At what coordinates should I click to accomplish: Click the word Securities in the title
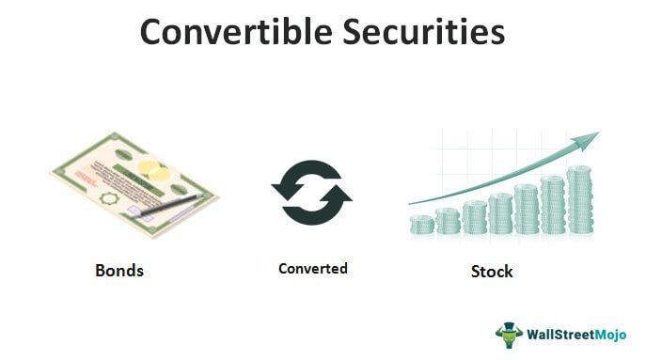pos(427,32)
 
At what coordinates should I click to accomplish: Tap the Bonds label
pos(118,271)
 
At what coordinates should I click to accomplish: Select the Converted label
pos(312,269)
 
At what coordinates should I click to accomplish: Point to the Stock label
pos(492,272)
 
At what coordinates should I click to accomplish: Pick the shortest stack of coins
pos(422,225)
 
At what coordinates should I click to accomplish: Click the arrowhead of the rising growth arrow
pos(588,141)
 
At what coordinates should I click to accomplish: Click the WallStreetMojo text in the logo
pos(575,334)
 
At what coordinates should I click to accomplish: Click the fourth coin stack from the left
pos(501,213)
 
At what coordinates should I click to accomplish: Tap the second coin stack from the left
pos(449,221)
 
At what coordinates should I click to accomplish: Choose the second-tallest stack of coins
pos(553,205)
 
